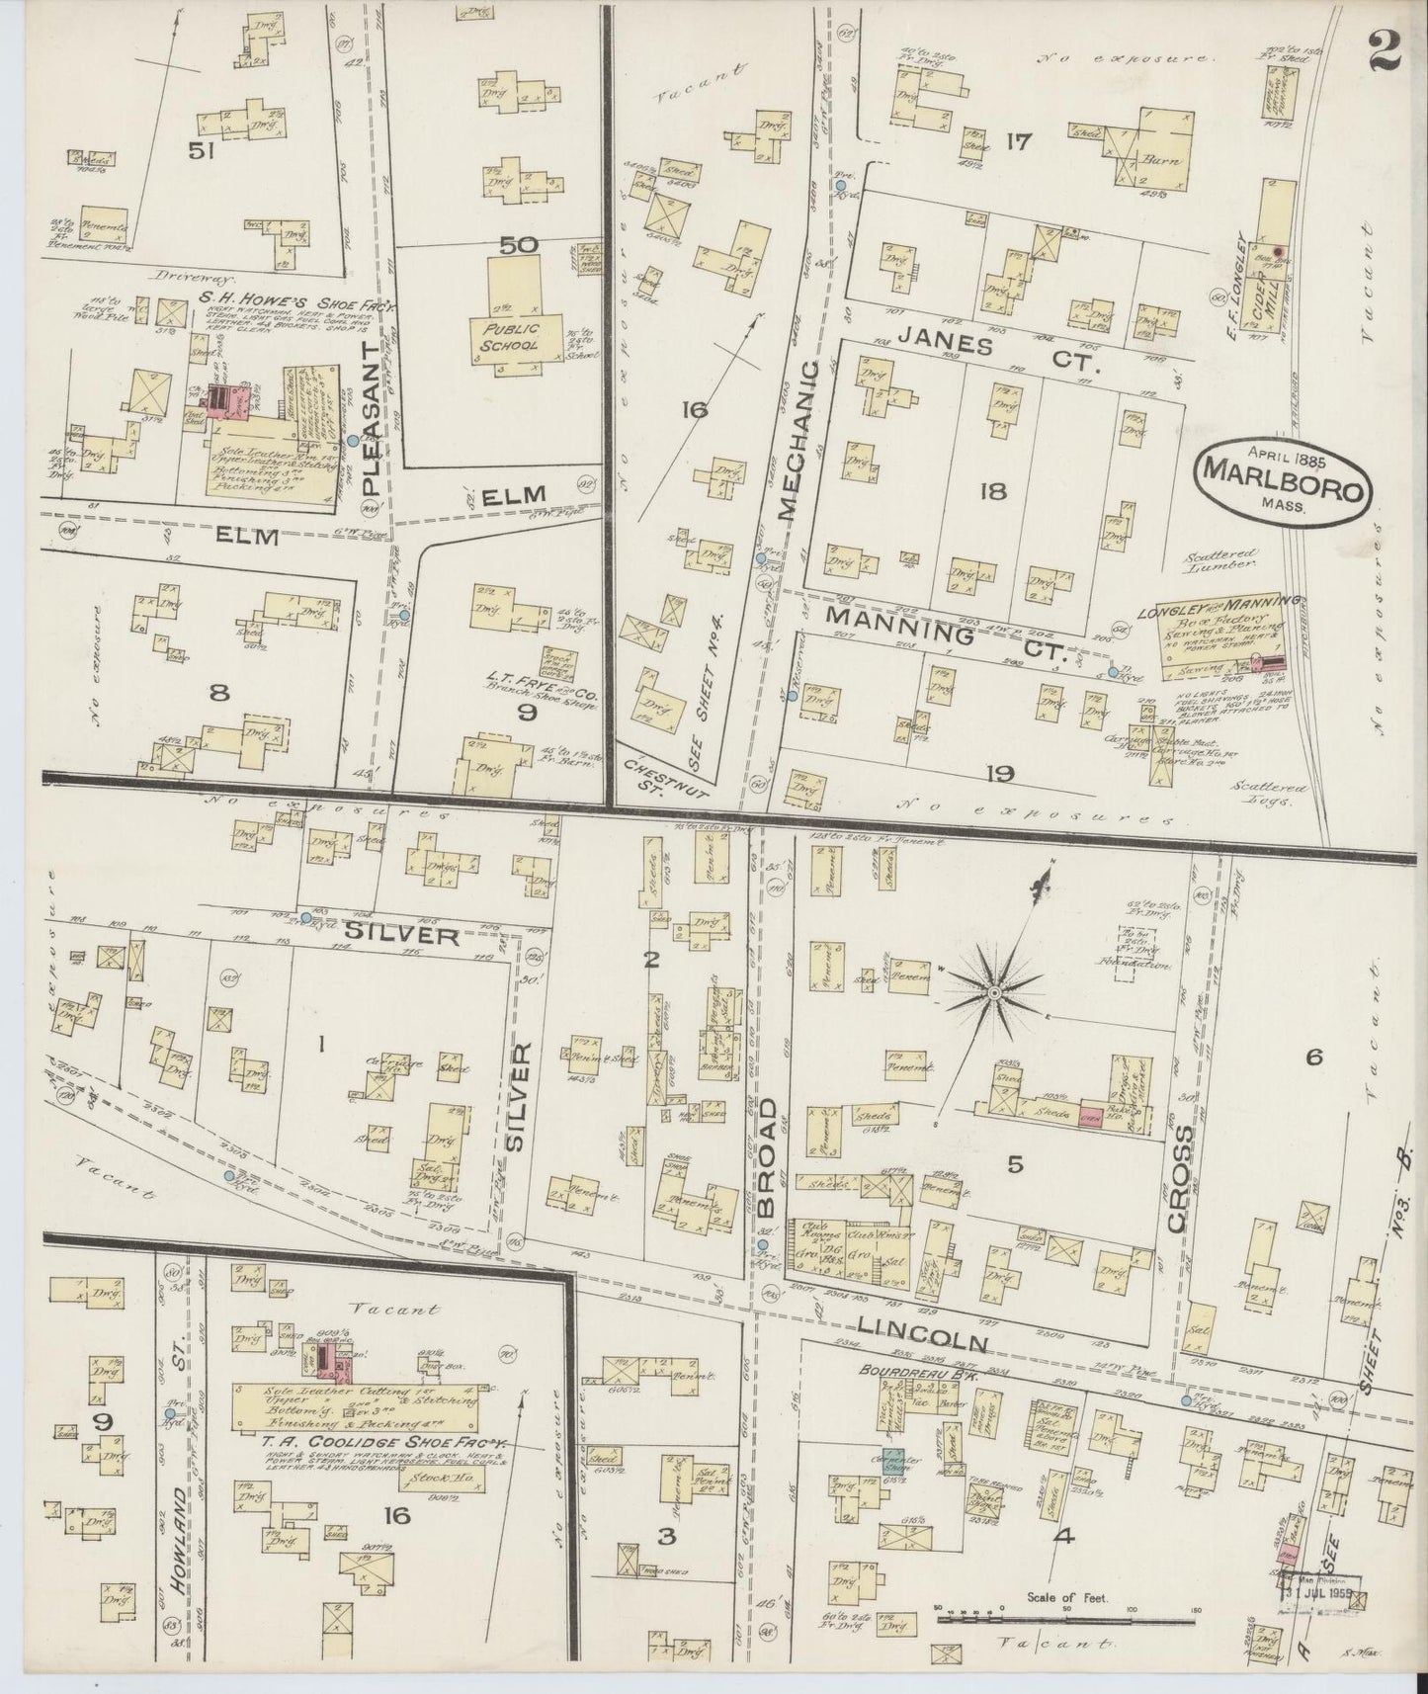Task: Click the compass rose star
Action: click(x=994, y=990)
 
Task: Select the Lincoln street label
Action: click(x=925, y=1334)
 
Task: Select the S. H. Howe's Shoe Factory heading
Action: click(x=284, y=296)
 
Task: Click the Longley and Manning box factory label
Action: click(x=1220, y=603)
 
